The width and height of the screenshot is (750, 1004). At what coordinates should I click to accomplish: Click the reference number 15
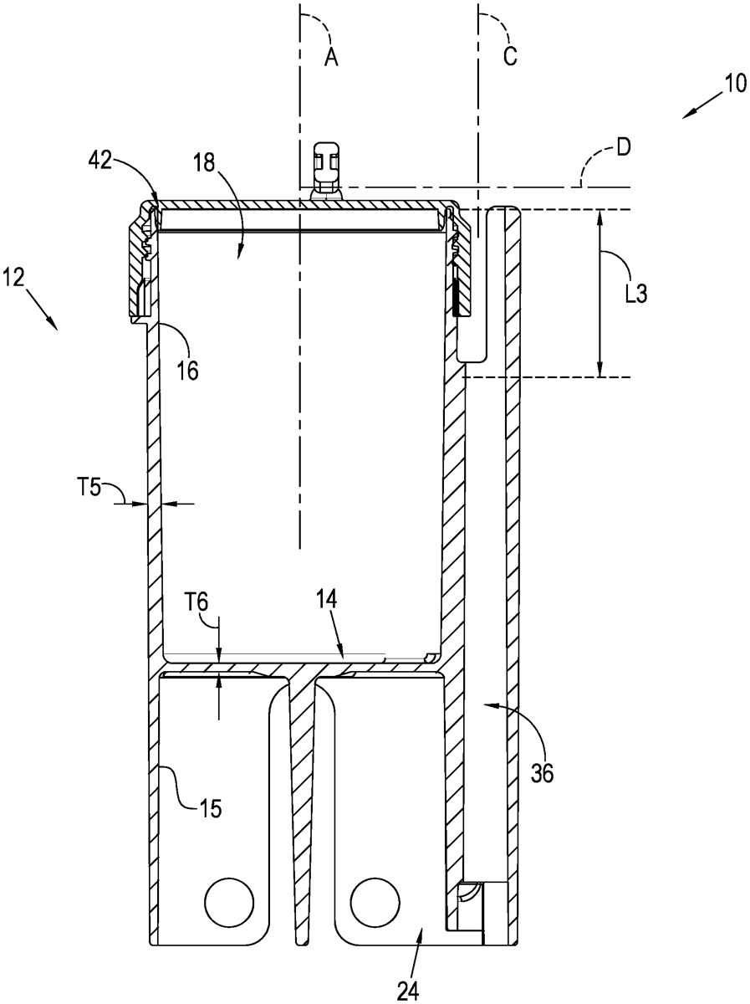tap(211, 807)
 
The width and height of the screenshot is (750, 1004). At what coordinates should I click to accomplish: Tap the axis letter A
tap(331, 58)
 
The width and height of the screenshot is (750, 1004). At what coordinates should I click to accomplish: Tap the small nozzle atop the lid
tap(326, 167)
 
